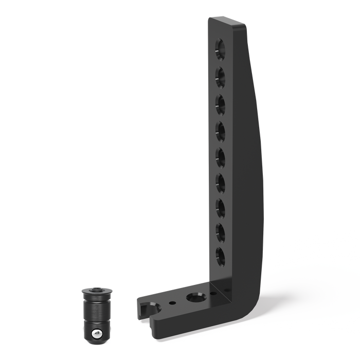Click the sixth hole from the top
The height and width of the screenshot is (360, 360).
click(x=221, y=182)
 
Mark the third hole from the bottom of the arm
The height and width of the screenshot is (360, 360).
click(x=221, y=207)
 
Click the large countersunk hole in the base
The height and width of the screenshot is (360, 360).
click(x=195, y=298)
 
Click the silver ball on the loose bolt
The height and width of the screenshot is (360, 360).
click(x=95, y=335)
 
